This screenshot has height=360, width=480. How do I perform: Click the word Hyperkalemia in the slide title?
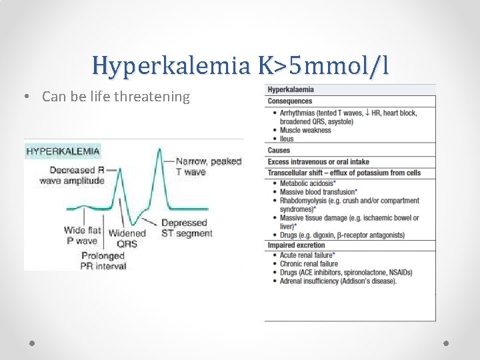pos(171,65)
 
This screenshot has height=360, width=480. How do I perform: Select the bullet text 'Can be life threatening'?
pos(115,97)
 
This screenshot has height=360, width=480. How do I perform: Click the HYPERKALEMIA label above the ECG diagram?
pos(63,151)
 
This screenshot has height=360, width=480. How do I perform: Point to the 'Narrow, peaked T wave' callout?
pos(199,166)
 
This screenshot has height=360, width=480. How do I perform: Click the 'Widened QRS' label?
pos(127,238)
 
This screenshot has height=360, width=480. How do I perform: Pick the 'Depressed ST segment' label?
pos(187,228)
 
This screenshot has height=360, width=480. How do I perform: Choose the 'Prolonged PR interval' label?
pos(103,261)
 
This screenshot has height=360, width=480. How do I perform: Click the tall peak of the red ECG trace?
pos(159,152)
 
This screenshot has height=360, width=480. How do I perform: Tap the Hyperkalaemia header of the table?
pos(291,89)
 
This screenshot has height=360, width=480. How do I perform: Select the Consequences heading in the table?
pos(289,101)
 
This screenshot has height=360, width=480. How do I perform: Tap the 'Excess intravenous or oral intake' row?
pos(318,161)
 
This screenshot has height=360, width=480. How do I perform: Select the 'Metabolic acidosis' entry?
pos(307,183)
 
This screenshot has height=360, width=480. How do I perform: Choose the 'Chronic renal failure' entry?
pos(309,264)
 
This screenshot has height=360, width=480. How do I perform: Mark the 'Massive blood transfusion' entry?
pos(317,191)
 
